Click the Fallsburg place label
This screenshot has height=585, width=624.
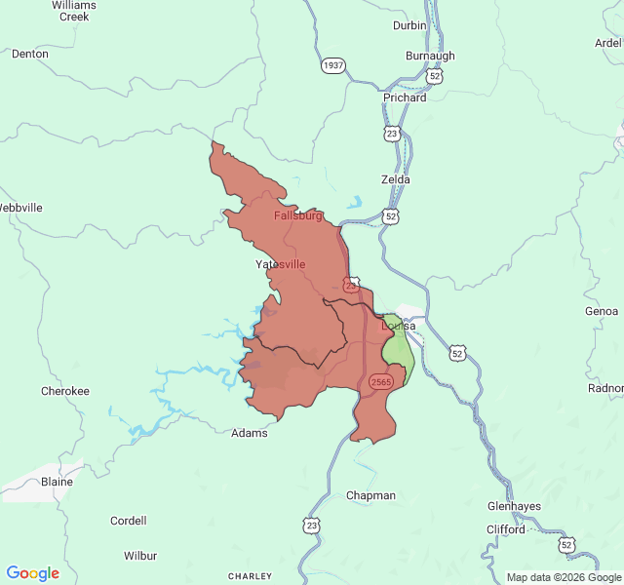[297, 215]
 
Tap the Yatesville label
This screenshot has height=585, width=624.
[280, 264]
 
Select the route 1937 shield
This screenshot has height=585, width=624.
[333, 65]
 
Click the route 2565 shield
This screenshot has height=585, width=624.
[381, 382]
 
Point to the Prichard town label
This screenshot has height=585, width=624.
[405, 97]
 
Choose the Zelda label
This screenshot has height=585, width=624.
[395, 179]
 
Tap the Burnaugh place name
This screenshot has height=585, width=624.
[430, 56]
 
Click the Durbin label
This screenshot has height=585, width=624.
[409, 25]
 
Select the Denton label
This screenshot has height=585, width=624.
[29, 54]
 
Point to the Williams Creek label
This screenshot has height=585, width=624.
[74, 11]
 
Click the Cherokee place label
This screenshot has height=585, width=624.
[65, 391]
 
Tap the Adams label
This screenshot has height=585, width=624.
[249, 433]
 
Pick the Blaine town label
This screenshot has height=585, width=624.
[58, 482]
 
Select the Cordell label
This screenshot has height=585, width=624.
[129, 521]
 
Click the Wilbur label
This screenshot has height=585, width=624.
[140, 556]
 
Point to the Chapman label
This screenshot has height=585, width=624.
[371, 495]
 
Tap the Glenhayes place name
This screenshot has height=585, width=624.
[514, 506]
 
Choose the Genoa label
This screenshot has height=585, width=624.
[601, 311]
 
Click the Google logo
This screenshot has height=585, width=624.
[32, 573]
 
